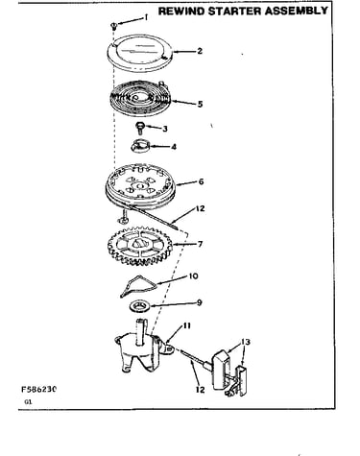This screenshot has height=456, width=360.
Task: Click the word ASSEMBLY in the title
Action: pos(297,11)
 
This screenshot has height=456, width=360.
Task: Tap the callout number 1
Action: pos(146,17)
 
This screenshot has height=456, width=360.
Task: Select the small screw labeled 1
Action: pos(113,26)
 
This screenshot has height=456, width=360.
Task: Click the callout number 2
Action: pos(200,51)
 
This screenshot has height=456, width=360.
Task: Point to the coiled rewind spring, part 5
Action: pos(139,98)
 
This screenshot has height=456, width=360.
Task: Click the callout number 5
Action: pos(200,104)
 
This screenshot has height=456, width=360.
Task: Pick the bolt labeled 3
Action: pos(140,128)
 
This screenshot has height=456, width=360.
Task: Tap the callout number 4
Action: pos(174,147)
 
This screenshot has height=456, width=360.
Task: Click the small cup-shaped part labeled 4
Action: pos(140,146)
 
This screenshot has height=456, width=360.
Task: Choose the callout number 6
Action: pos(201,181)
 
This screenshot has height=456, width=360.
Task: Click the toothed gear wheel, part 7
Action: pos(140,246)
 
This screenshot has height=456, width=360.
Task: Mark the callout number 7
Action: pos(200,244)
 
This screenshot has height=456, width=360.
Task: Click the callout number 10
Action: pos(194,276)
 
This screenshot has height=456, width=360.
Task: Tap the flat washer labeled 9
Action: pos(140,306)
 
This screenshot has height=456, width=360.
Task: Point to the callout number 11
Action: pos(186,325)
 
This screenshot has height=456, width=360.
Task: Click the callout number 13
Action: pos(246,342)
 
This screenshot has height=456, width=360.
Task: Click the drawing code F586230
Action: pos(38,389)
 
